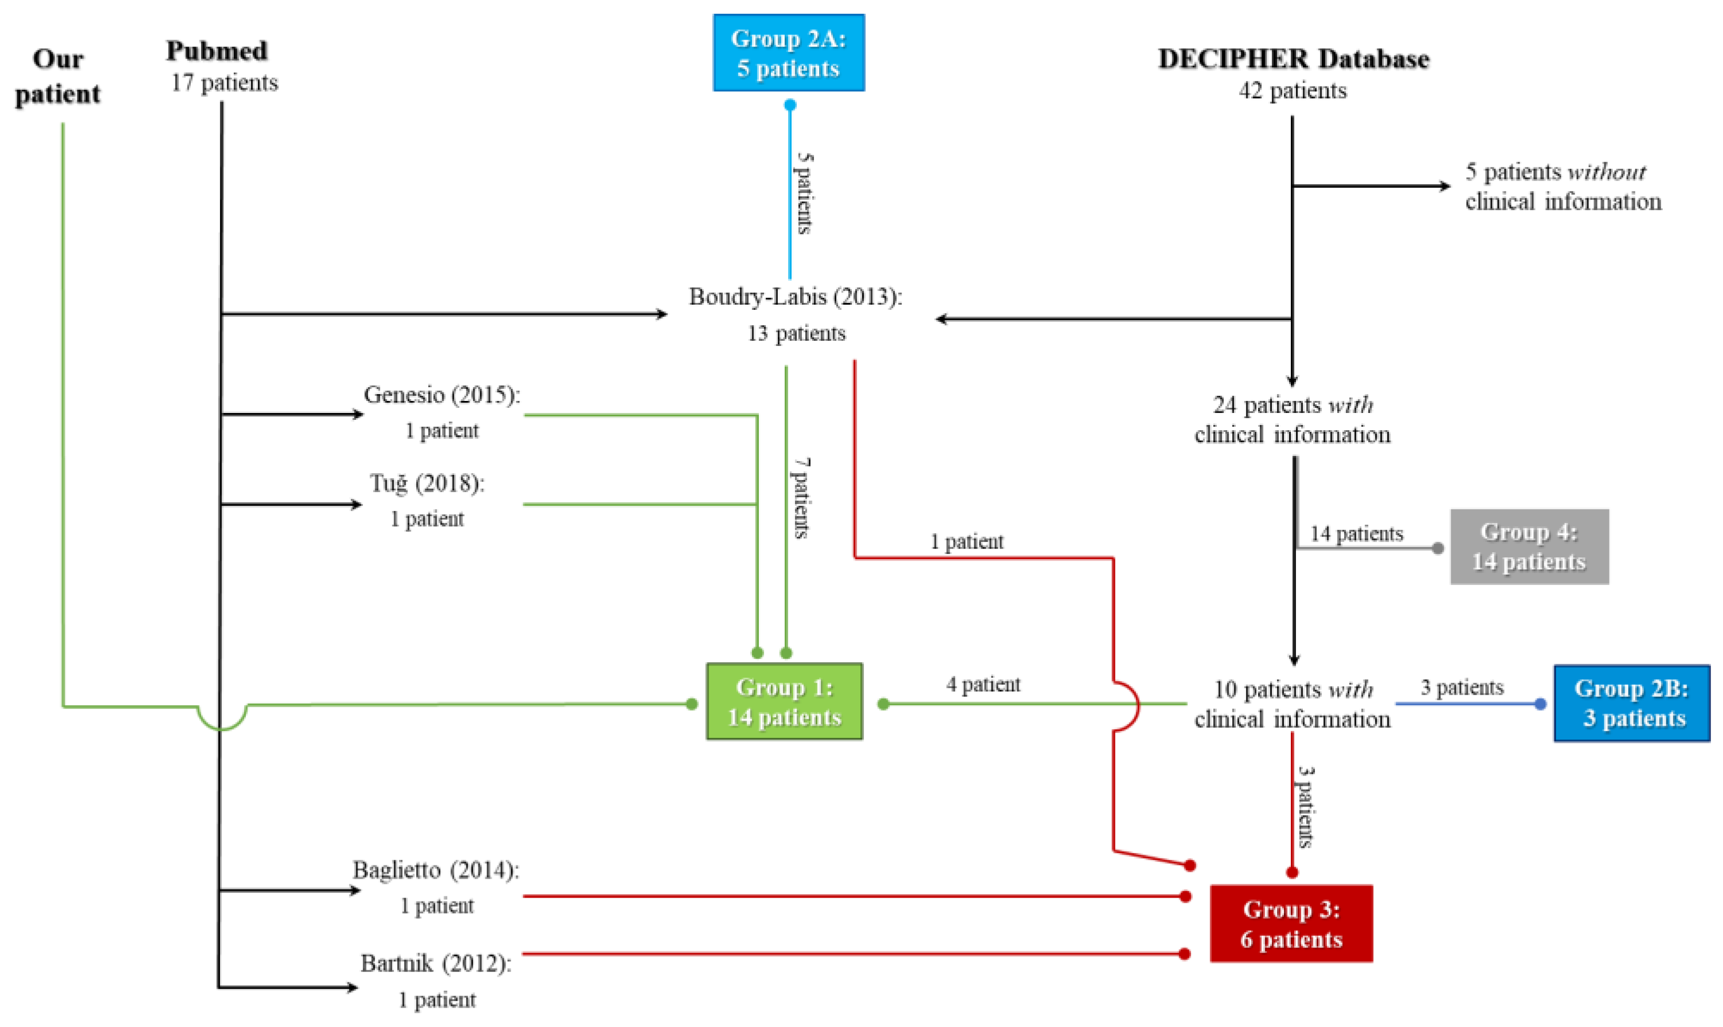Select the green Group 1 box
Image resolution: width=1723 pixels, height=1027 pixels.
[784, 702]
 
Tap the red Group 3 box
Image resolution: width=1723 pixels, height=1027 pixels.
[1291, 923]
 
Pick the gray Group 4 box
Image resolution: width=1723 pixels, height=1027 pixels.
[1529, 546]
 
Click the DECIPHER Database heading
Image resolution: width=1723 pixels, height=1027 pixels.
[1293, 60]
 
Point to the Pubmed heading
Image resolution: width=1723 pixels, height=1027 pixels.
[217, 51]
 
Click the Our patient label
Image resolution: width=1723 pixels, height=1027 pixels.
[57, 76]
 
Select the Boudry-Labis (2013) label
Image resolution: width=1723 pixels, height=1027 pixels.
[795, 297]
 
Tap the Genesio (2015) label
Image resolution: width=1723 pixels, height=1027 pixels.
[442, 395]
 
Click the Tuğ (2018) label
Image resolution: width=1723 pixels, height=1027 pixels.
[426, 483]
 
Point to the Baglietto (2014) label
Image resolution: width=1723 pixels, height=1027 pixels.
[436, 870]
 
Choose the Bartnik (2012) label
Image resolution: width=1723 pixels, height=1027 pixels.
[436, 963]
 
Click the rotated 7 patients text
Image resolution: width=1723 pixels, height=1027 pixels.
[801, 498]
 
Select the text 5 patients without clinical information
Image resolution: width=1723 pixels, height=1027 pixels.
[1563, 186]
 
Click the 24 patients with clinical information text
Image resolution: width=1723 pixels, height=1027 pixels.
[1292, 419]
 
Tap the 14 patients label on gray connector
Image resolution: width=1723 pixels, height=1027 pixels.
[1356, 534]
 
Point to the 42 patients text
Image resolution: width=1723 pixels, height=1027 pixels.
[1292, 90]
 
